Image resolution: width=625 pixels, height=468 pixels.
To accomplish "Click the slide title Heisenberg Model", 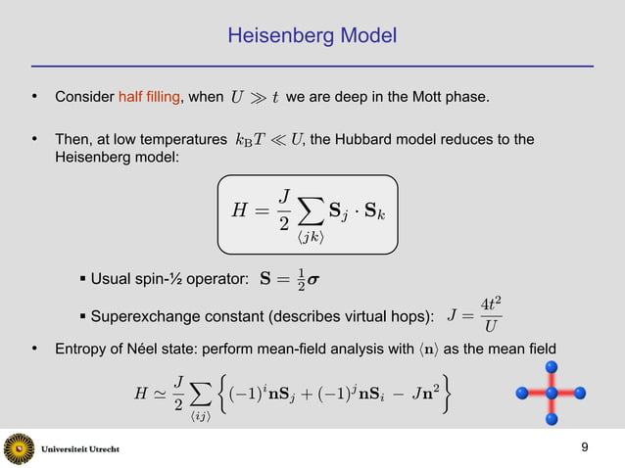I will pyautogui.click(x=312, y=37).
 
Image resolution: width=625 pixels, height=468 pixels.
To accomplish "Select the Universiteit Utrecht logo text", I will pyautogui.click(x=85, y=448).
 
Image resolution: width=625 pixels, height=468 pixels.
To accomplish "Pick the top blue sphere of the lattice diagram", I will pyautogui.click(x=552, y=366).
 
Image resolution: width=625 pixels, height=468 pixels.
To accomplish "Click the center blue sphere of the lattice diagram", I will pyautogui.click(x=552, y=394).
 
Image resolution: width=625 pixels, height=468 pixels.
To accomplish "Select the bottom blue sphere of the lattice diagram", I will pyautogui.click(x=552, y=420).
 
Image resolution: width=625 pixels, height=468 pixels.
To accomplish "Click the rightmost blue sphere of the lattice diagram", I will pyautogui.click(x=580, y=394).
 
